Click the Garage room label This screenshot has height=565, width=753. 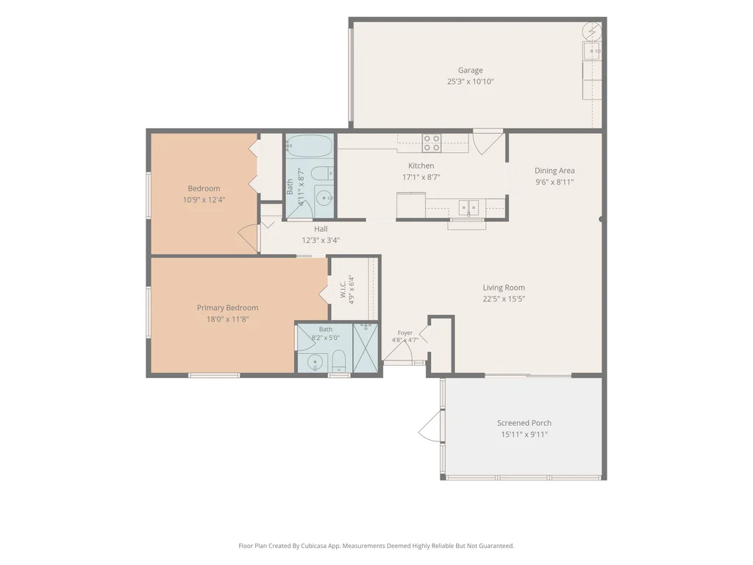[470, 70]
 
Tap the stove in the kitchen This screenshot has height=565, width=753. [431, 143]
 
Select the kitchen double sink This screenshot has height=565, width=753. [468, 208]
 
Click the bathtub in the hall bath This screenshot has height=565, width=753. [310, 146]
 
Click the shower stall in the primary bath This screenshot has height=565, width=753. [365, 348]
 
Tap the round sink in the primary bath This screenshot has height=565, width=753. [315, 362]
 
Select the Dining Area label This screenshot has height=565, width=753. [554, 171]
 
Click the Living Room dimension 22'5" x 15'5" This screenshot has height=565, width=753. [504, 299]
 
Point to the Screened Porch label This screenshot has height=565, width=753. [524, 423]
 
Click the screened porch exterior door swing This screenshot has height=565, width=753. [429, 426]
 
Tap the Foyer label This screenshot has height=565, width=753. [405, 333]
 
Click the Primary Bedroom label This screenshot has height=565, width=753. [228, 308]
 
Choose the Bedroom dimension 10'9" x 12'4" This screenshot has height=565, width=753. [204, 200]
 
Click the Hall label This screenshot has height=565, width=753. [321, 230]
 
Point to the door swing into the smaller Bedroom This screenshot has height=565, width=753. [249, 238]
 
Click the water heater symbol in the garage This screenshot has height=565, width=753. [592, 32]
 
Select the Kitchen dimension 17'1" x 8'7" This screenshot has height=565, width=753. [421, 177]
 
